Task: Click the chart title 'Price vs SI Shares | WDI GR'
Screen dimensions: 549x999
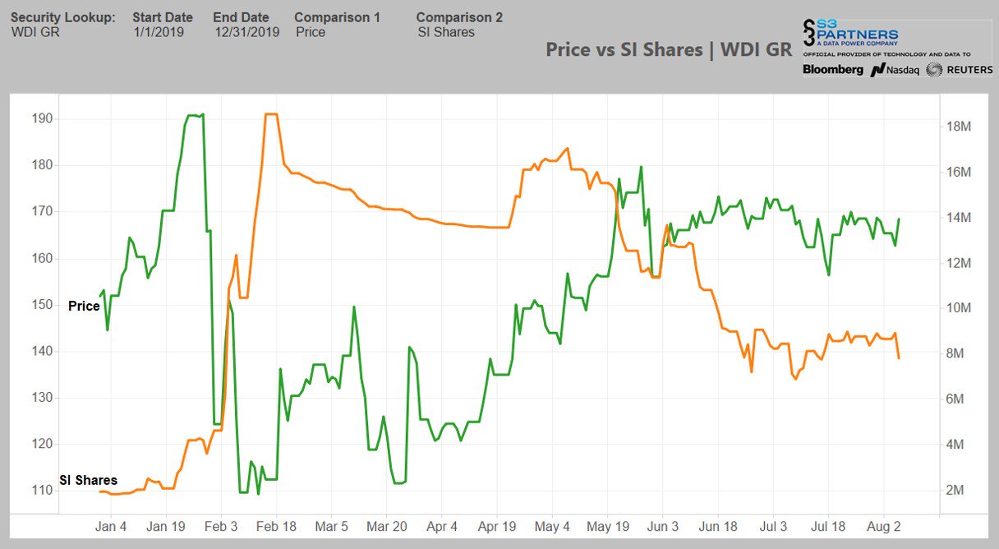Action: pyautogui.click(x=669, y=49)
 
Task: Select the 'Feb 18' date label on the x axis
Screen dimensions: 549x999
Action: pyautogui.click(x=277, y=526)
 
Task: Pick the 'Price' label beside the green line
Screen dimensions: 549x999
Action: pyautogui.click(x=84, y=306)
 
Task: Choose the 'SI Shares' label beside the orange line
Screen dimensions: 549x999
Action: pyautogui.click(x=87, y=480)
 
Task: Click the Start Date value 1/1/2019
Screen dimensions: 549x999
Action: pyautogui.click(x=159, y=32)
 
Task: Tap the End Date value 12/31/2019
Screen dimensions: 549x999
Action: pyautogui.click(x=246, y=32)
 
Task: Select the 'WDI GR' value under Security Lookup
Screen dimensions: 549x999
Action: pyautogui.click(x=35, y=32)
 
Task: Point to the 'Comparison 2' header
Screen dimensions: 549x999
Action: pyautogui.click(x=459, y=17)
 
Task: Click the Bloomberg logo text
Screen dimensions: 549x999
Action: pyautogui.click(x=832, y=70)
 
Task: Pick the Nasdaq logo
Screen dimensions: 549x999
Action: pyautogui.click(x=895, y=70)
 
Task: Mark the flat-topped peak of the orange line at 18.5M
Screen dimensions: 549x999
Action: pyautogui.click(x=270, y=114)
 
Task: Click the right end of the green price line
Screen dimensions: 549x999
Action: pyautogui.click(x=899, y=219)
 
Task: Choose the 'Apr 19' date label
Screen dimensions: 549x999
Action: pyautogui.click(x=497, y=526)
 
